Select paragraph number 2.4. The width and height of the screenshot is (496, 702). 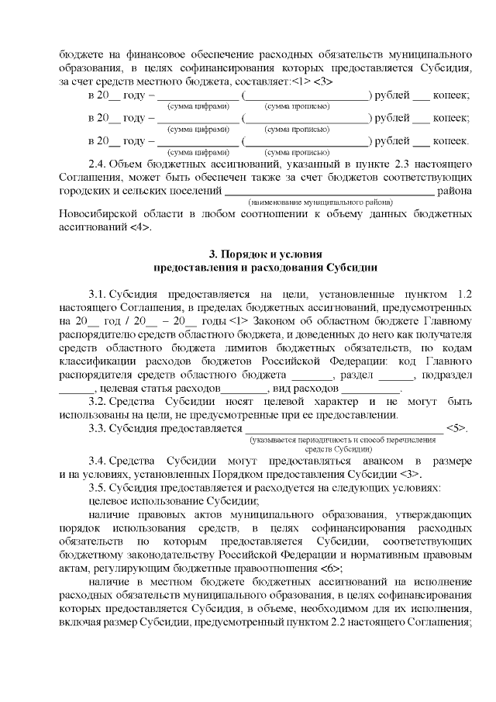click(99, 163)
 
